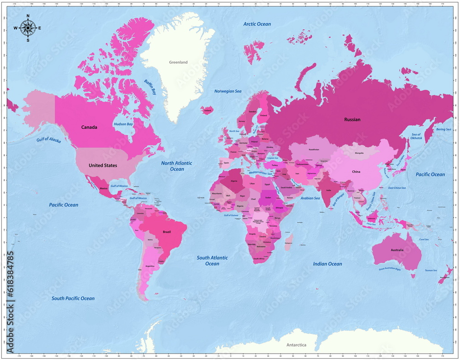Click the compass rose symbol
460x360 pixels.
[x=28, y=28]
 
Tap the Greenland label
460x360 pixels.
[x=178, y=62]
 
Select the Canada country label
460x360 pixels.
[x=89, y=128]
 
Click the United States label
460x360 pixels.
[x=103, y=165]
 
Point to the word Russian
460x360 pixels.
[x=352, y=120]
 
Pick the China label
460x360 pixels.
[x=356, y=172]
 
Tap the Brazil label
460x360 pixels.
[x=167, y=232]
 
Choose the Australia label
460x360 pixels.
[x=397, y=250]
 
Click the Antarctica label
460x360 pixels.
[x=296, y=345]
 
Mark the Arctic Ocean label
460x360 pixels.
[x=257, y=24]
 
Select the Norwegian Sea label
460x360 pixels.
[x=228, y=91]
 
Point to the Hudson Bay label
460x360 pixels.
[x=123, y=124]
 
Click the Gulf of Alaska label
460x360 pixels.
[x=49, y=140]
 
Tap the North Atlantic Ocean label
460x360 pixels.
[x=177, y=166]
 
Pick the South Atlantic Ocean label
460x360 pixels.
[x=212, y=261]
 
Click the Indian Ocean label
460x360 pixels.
[x=328, y=264]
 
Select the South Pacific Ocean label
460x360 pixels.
[x=73, y=298]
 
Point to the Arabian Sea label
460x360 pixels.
[x=310, y=198]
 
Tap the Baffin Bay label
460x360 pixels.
[x=150, y=87]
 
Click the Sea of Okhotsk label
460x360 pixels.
[x=416, y=136]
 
